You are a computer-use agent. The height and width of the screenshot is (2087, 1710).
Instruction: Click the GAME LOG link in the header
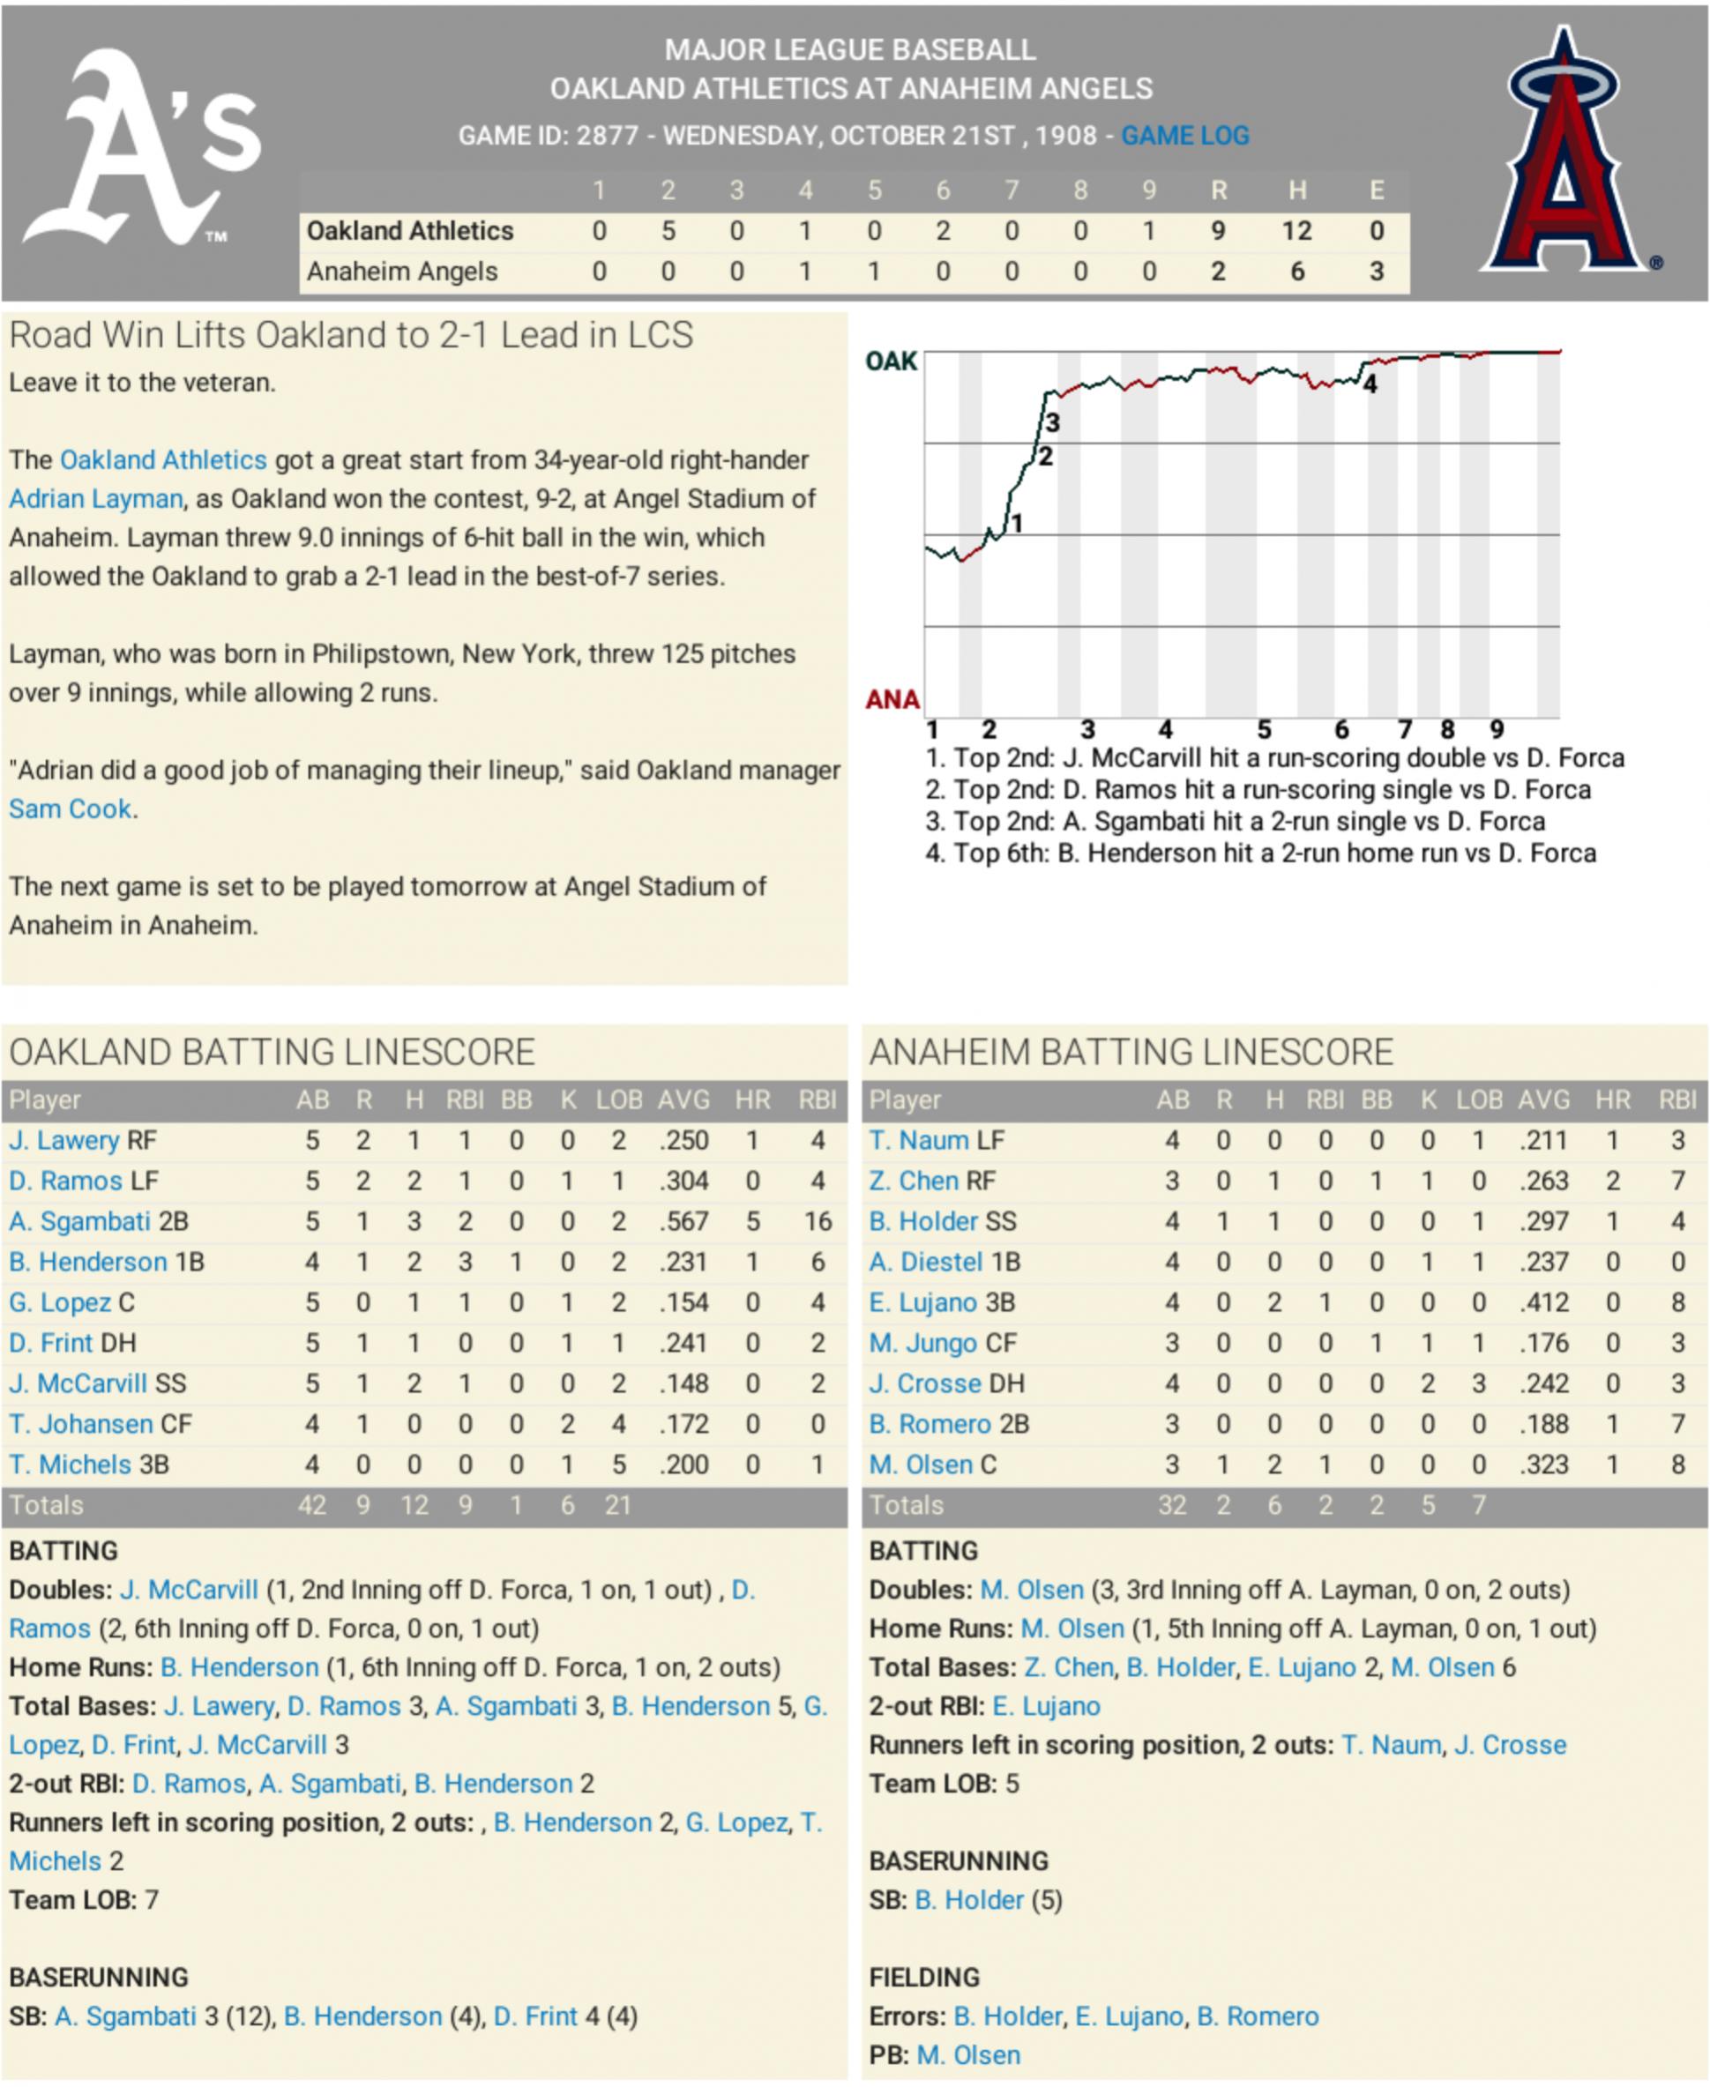point(1184,136)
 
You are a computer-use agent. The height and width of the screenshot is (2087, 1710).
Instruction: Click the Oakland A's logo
point(143,148)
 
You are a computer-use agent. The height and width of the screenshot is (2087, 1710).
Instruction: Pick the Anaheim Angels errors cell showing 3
point(1376,271)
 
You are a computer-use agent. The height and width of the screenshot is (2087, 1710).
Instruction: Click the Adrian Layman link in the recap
point(95,498)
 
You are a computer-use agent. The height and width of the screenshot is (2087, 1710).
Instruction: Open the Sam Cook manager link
point(70,809)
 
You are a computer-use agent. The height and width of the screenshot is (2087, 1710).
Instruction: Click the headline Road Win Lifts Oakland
point(351,335)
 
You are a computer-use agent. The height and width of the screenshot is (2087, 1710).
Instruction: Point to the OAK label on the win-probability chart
point(891,361)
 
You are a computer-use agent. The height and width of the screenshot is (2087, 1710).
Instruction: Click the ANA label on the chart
point(892,699)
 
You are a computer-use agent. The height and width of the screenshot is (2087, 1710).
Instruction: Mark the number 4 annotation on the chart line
point(1370,385)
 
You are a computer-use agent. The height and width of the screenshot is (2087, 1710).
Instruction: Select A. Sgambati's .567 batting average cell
point(683,1221)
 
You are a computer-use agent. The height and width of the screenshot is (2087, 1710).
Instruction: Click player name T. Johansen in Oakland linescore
point(81,1424)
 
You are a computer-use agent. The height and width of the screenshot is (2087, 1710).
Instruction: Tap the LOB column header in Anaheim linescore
point(1479,1100)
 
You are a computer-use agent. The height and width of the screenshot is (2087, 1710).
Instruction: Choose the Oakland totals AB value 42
point(311,1505)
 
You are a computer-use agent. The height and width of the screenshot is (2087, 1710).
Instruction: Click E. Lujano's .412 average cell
point(1543,1302)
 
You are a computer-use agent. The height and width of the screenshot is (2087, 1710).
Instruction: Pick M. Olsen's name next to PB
point(968,2055)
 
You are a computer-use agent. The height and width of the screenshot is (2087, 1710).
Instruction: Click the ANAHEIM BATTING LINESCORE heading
point(1131,1052)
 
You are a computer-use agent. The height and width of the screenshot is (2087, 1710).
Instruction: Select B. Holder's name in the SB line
point(969,1900)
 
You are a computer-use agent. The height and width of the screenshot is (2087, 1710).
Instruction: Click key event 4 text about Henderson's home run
point(1261,853)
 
